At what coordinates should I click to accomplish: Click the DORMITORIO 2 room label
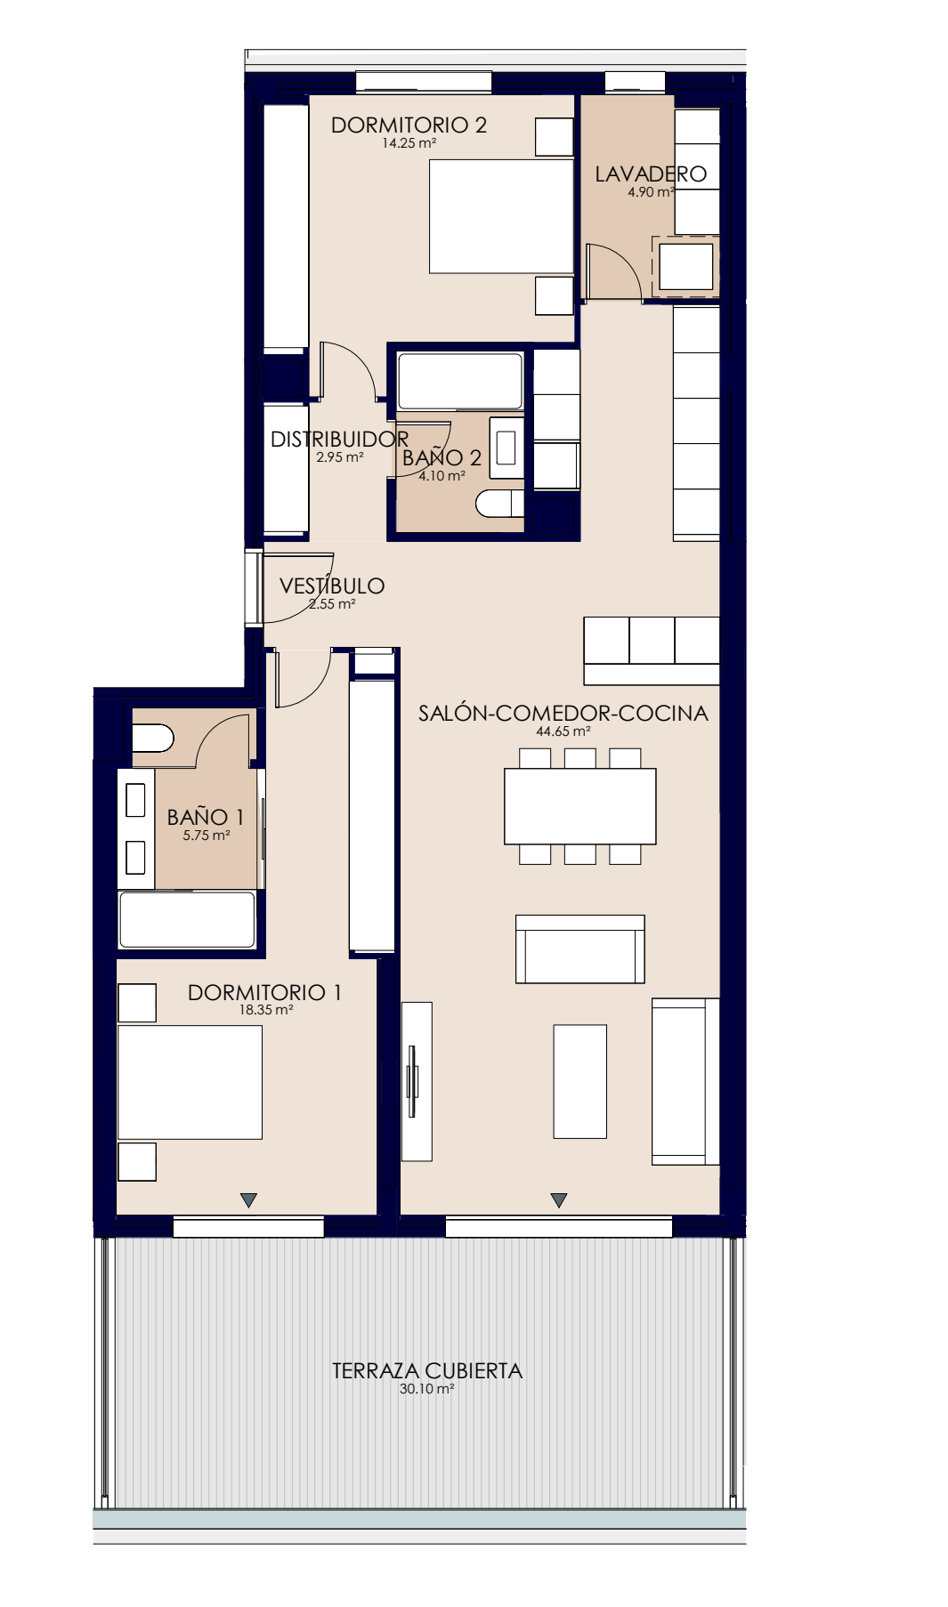[409, 125]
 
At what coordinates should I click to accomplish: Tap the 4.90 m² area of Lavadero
[651, 192]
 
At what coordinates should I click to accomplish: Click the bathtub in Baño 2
[460, 382]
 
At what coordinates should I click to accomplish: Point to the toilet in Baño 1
[153, 739]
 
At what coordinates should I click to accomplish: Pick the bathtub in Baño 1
[187, 919]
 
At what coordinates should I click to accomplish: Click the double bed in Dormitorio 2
[501, 216]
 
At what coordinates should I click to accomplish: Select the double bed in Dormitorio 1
[190, 1082]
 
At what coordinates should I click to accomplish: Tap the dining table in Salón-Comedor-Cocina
[580, 806]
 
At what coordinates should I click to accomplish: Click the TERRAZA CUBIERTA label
[427, 1371]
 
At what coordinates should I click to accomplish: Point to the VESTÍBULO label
[332, 585]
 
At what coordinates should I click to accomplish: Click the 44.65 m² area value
[563, 732]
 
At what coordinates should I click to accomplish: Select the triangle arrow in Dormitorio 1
[249, 1200]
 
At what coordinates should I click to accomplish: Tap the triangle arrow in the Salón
[559, 1200]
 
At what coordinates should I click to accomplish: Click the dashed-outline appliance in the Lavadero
[685, 266]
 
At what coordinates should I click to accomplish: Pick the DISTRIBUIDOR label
[339, 439]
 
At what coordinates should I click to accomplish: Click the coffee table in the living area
[580, 1081]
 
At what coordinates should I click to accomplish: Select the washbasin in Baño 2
[506, 447]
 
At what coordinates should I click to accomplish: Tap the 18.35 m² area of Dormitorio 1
[266, 1011]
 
